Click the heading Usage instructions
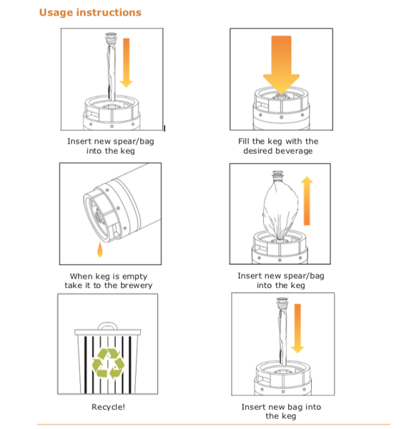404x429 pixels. [x=90, y=13]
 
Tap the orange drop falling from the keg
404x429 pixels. [x=100, y=250]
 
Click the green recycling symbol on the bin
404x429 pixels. [x=108, y=364]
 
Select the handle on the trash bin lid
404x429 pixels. [x=108, y=325]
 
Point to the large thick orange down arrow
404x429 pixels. [x=281, y=65]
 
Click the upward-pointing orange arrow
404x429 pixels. [x=307, y=200]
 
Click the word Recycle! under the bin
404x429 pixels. [x=108, y=407]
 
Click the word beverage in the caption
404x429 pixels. [x=296, y=151]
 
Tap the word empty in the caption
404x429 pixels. [x=134, y=277]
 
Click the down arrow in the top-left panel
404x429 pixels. [x=126, y=63]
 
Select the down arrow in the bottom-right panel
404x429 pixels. [x=297, y=328]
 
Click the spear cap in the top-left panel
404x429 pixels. [x=111, y=37]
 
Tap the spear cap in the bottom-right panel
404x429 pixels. [x=282, y=302]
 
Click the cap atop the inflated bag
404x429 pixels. [x=277, y=176]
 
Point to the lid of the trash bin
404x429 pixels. [x=108, y=332]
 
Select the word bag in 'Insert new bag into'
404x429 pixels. [x=295, y=407]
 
